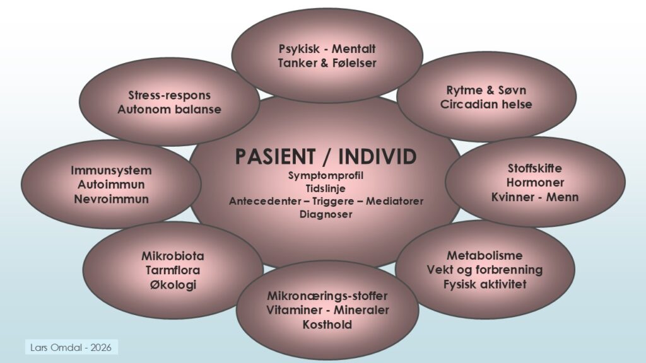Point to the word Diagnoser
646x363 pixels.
(326, 214)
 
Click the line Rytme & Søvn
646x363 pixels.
(486, 90)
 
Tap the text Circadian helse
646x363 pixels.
(486, 104)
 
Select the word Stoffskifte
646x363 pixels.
(535, 168)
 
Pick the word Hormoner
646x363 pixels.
(535, 183)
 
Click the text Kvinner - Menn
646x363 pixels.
(535, 197)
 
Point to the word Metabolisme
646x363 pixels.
(484, 256)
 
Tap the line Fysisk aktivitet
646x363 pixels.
(484, 284)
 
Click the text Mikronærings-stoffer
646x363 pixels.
(327, 296)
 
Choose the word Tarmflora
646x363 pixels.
(172, 271)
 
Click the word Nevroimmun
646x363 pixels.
(111, 199)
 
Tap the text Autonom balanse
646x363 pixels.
(169, 110)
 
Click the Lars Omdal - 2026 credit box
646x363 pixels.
(73, 347)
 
